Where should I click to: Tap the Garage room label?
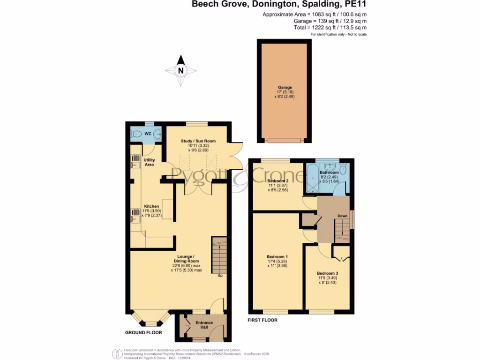[x=285, y=88]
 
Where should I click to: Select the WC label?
[x=148, y=134]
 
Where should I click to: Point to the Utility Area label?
[x=149, y=162]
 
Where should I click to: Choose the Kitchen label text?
[x=151, y=206]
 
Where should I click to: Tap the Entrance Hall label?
[x=204, y=325]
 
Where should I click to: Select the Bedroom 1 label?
[x=277, y=257]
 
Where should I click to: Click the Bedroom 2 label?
[x=277, y=181]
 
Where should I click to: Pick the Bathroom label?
[x=329, y=172]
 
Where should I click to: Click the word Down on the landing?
[x=343, y=216]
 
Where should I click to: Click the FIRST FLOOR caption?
[x=262, y=320]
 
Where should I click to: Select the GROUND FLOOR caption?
[x=143, y=332]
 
